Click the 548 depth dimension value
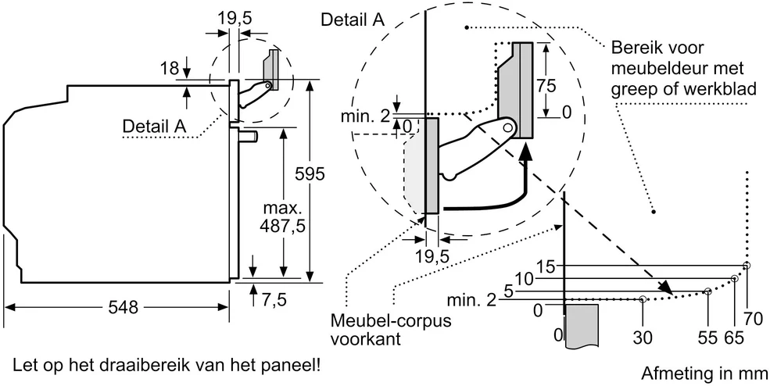click(x=123, y=308)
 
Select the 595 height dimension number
click(x=309, y=173)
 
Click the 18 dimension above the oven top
click(x=170, y=68)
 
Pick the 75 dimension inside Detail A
click(x=546, y=86)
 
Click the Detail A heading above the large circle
click(x=352, y=20)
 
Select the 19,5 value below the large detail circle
click(x=432, y=257)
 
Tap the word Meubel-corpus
click(x=391, y=320)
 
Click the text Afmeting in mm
click(x=704, y=373)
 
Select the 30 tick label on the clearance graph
click(x=643, y=338)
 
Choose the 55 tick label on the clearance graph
click(x=707, y=338)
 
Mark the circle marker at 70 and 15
click(x=747, y=266)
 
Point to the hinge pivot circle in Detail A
click(x=509, y=127)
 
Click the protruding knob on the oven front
click(x=249, y=135)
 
